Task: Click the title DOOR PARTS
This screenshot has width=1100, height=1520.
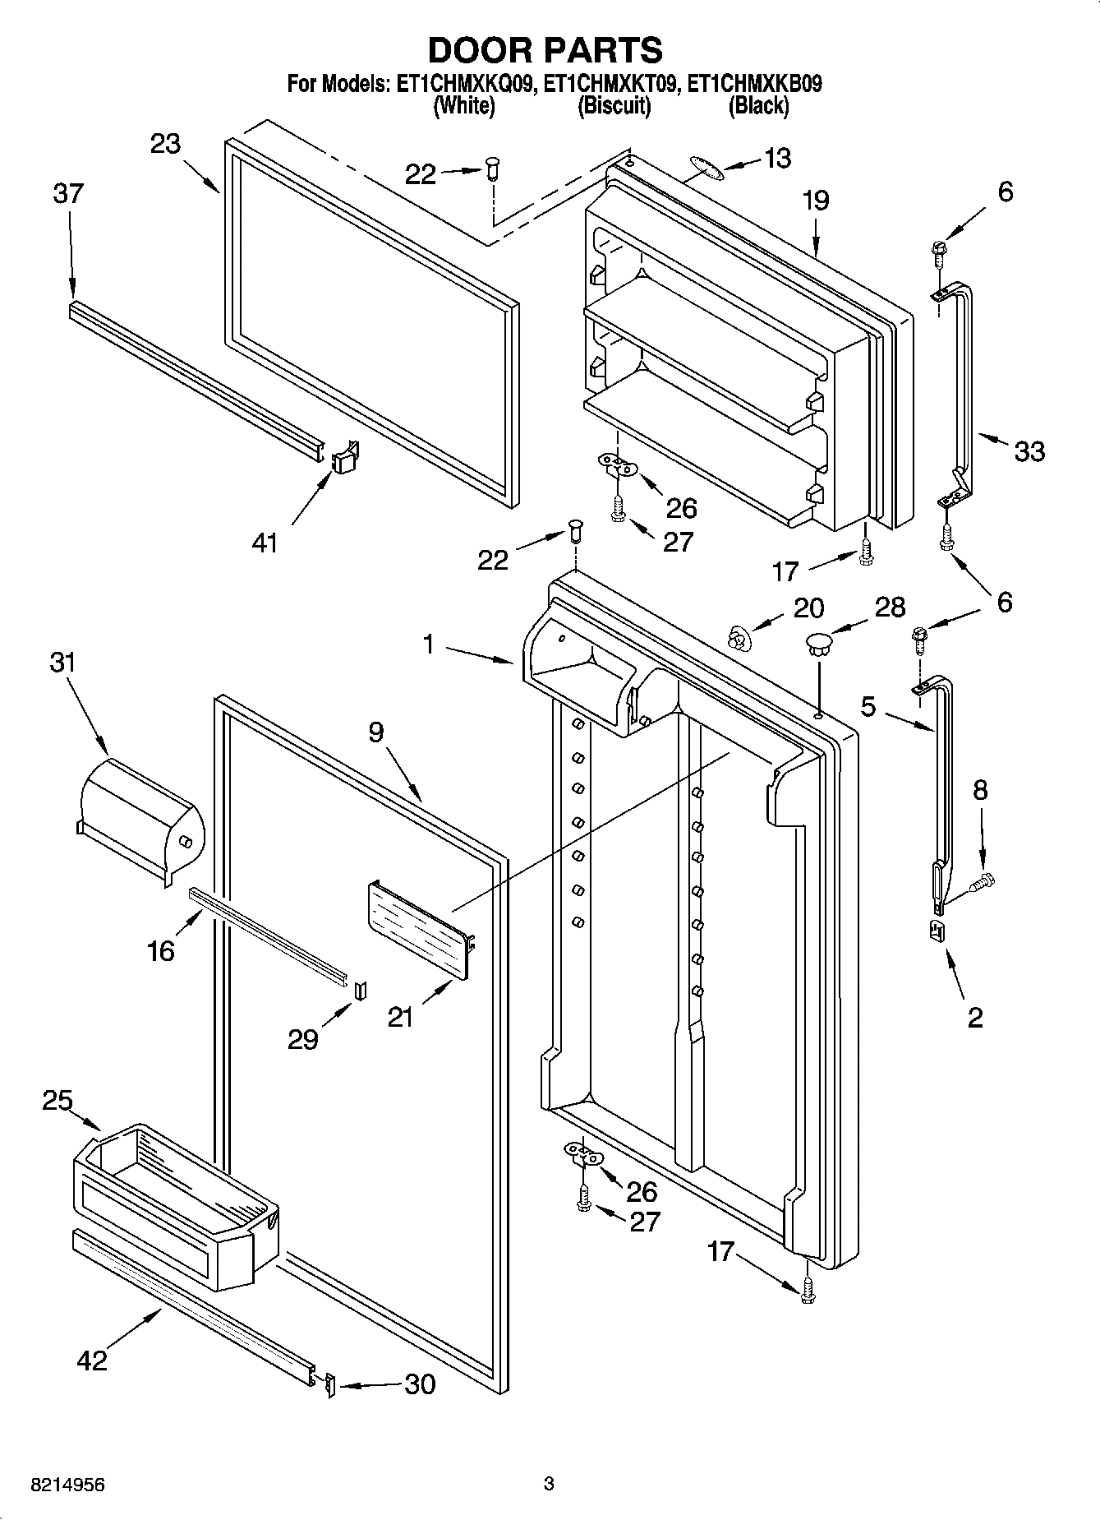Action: [x=545, y=51]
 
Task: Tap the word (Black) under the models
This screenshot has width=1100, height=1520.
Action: [x=758, y=105]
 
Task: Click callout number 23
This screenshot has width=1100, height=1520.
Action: [x=165, y=144]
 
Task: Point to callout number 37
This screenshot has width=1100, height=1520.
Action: [x=68, y=194]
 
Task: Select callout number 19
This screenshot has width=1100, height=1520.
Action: [x=816, y=201]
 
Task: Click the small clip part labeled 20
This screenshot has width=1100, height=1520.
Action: [x=739, y=636]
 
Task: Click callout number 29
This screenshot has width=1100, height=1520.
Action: [x=303, y=1040]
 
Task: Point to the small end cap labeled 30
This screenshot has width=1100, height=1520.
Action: [x=329, y=1386]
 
